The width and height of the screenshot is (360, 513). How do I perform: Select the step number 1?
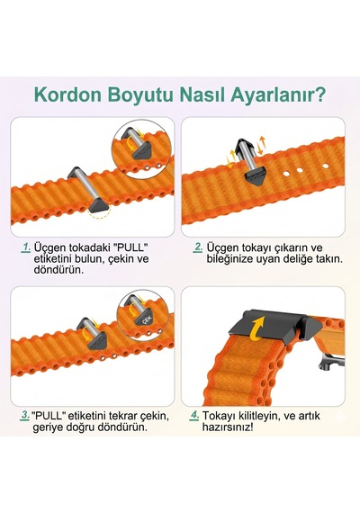click(26, 247)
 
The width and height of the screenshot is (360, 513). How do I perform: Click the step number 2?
click(198, 247)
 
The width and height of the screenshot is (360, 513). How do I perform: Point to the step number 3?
click(25, 416)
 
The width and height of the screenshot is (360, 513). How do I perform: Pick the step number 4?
click(194, 416)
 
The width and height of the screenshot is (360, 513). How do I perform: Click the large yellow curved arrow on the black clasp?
click(256, 328)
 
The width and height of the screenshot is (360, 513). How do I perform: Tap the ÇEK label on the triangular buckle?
click(145, 320)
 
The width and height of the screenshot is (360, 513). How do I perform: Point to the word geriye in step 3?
click(45, 427)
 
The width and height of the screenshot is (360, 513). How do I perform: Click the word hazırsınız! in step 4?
click(228, 427)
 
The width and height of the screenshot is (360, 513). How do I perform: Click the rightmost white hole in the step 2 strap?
click(325, 166)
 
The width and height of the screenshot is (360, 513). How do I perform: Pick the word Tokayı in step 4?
click(220, 416)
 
